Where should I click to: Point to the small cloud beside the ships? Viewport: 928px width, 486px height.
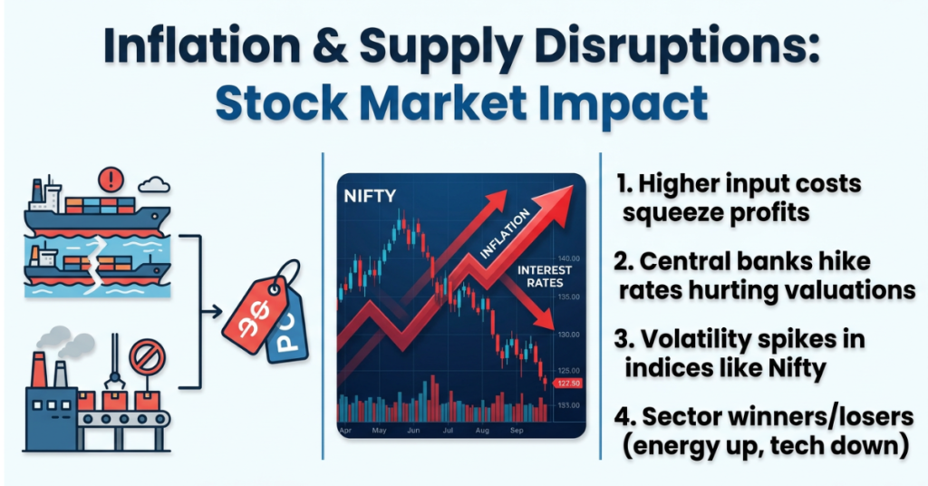[155, 186]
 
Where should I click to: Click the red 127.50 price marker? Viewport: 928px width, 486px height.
[567, 384]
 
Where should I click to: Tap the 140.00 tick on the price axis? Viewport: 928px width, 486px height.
[569, 258]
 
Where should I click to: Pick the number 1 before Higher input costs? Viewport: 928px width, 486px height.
[623, 184]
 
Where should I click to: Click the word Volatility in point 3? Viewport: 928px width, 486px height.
[693, 340]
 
